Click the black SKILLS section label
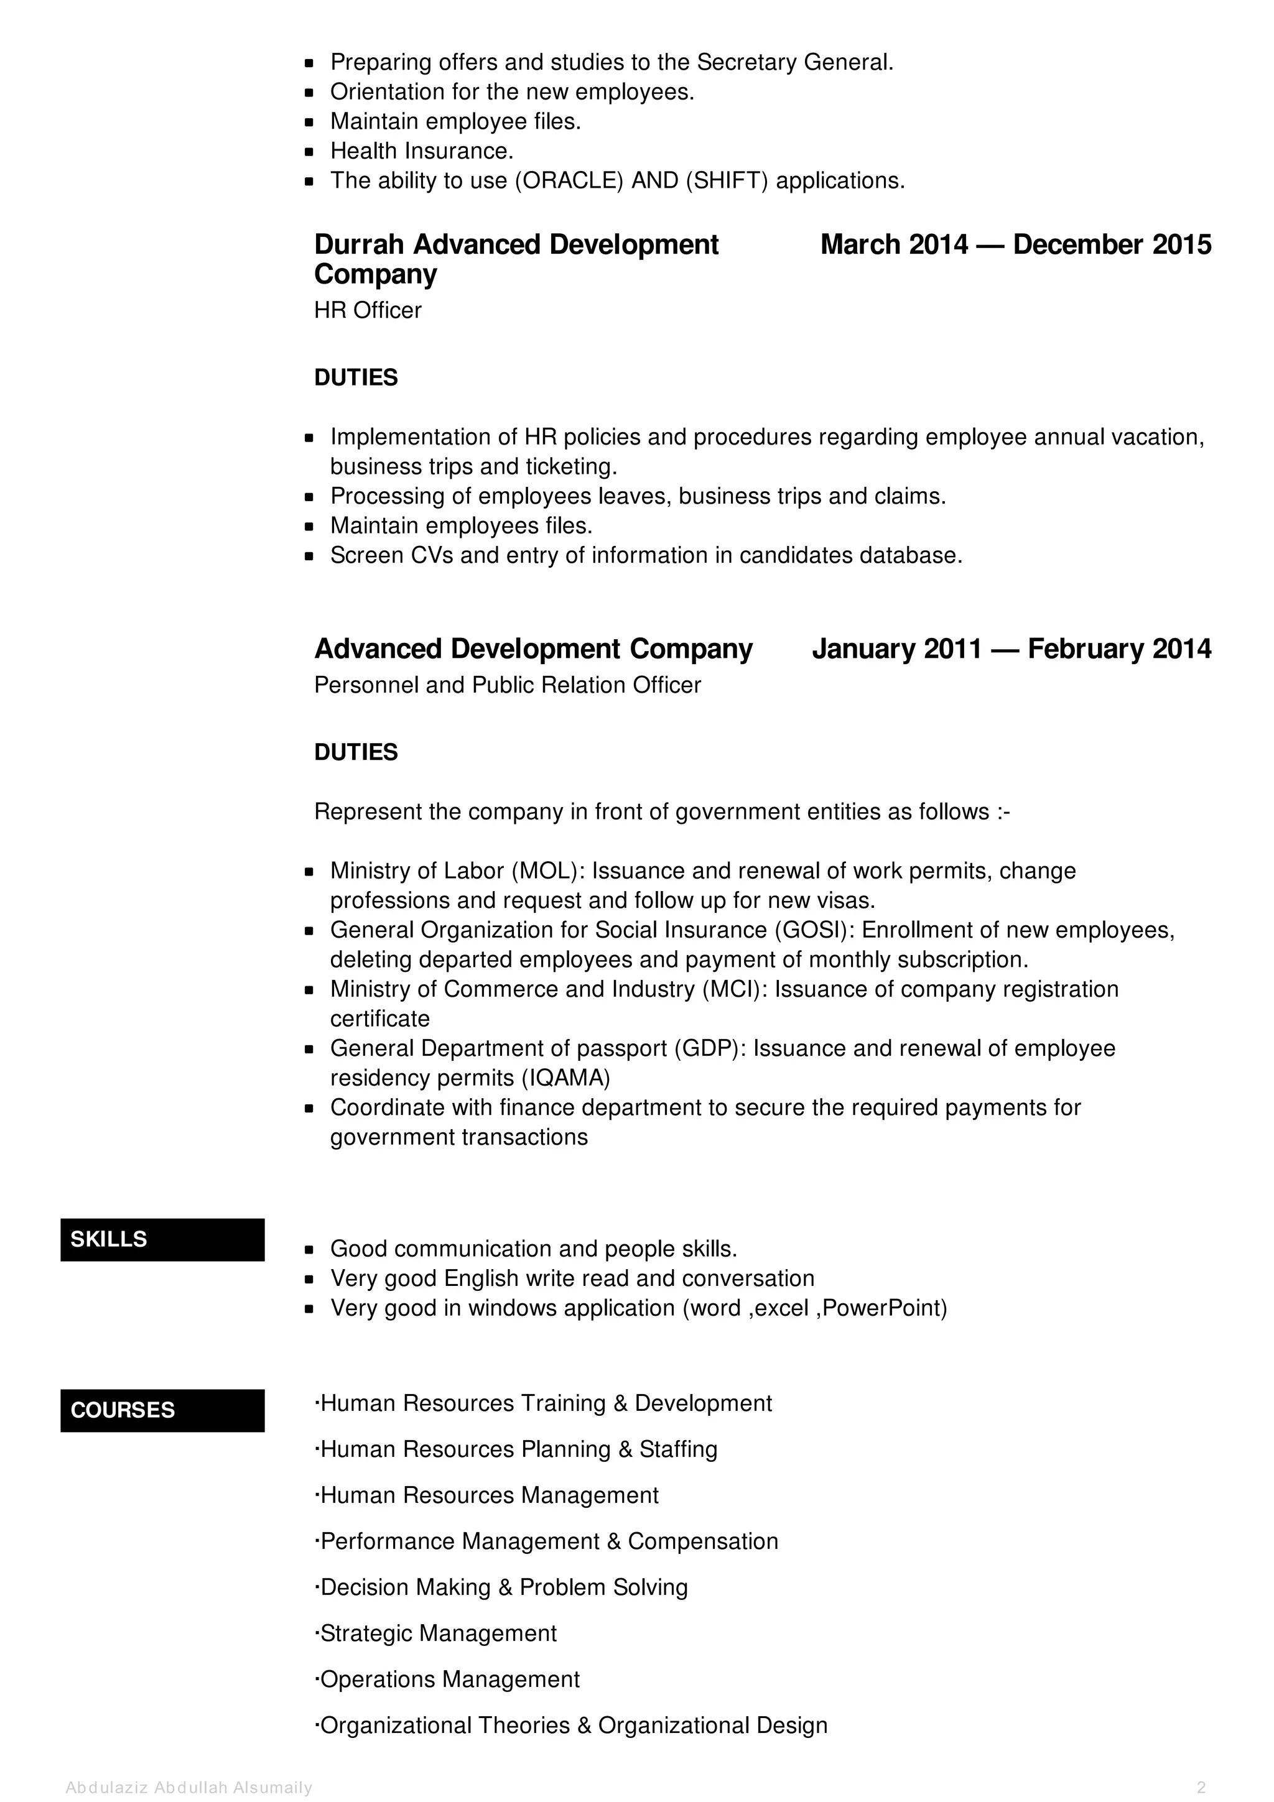click(162, 1239)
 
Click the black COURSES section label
click(162, 1410)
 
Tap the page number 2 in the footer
click(1201, 1788)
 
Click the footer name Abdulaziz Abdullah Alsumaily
click(189, 1788)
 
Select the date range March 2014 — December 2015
click(1015, 245)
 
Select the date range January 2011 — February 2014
click(1011, 649)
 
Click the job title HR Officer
click(368, 311)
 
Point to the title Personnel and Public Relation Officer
click(507, 685)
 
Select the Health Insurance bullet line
click(422, 150)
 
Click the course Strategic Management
click(437, 1633)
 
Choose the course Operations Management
click(449, 1680)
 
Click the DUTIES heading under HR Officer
click(356, 378)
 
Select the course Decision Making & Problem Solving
click(503, 1587)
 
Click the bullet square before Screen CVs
click(309, 557)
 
